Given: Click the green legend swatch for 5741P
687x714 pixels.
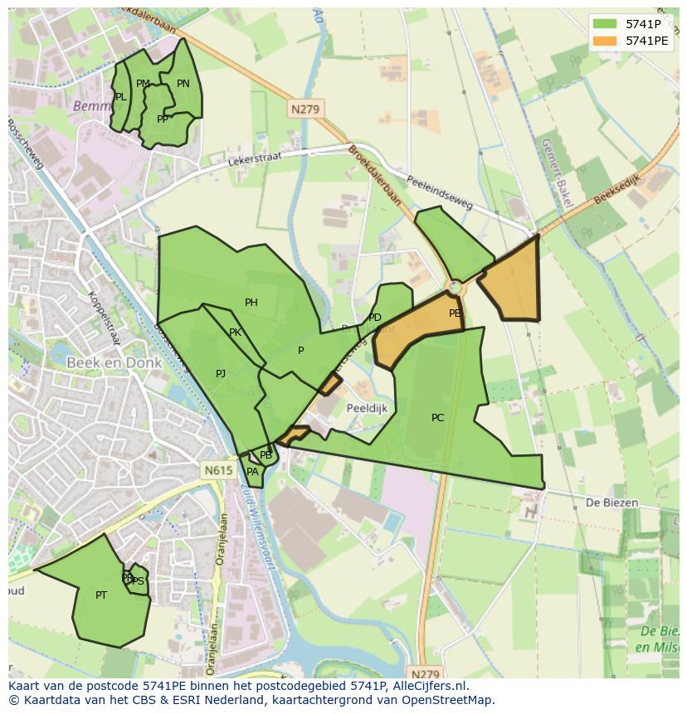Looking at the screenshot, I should pos(606,25).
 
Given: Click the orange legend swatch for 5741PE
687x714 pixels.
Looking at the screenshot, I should pos(606,41).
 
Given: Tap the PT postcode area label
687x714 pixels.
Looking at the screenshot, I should pos(101,595).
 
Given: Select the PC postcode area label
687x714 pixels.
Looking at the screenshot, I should pos(438,418).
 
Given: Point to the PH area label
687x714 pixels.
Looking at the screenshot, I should pos(251,303).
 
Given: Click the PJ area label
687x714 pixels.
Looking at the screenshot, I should pos(221,374).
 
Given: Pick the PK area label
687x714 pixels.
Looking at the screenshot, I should pos(235,333).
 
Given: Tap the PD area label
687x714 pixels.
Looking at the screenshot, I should pos(375,318).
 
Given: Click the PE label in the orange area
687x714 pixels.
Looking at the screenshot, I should pos(455,313).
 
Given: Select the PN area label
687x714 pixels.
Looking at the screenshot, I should pos(183,84).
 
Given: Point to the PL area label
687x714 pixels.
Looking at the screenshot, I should pos(121,97).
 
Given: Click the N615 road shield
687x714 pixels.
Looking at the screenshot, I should pos(218,470).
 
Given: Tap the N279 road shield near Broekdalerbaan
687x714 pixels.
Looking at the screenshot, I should pos(306,109).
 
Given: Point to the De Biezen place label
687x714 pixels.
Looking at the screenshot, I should pos(611,503).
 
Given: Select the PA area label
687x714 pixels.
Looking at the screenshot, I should pos(252,472).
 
